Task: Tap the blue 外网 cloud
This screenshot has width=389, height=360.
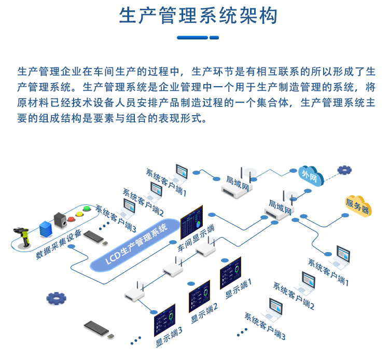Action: click(310, 176)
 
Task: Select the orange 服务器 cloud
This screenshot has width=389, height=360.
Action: click(357, 206)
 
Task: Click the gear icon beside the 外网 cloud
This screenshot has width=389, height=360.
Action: click(344, 170)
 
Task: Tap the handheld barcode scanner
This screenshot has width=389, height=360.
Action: click(23, 236)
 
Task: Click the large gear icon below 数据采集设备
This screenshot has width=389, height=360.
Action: click(56, 298)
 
